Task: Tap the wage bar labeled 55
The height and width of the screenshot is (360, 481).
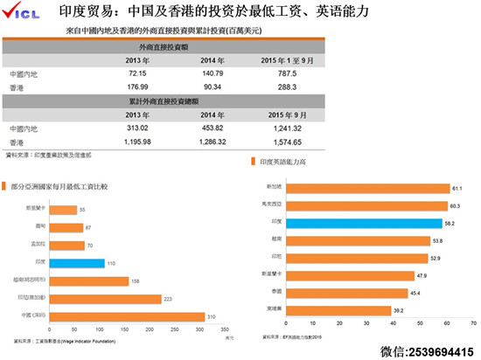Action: pos(64,211)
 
